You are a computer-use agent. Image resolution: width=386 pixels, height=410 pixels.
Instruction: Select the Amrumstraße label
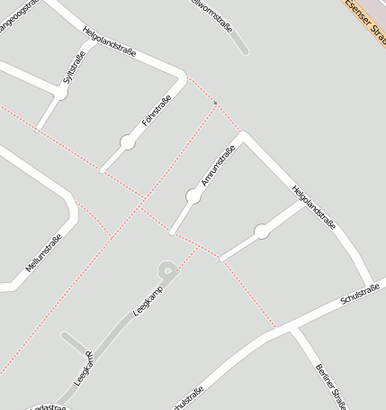pyautogui.click(x=218, y=169)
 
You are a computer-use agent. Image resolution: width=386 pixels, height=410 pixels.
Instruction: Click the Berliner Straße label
pyautogui.click(x=331, y=383)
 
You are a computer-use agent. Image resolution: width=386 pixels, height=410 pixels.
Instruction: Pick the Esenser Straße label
pyautogui.click(x=368, y=21)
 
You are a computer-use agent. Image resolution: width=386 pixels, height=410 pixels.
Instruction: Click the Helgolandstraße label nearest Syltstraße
pyautogui.click(x=108, y=41)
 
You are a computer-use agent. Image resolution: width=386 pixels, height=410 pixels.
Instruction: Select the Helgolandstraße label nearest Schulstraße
pyautogui.click(x=313, y=206)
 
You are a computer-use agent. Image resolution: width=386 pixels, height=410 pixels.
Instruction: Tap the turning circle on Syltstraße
pyautogui.click(x=60, y=92)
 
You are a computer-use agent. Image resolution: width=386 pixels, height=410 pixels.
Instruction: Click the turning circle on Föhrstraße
pyautogui.click(x=128, y=141)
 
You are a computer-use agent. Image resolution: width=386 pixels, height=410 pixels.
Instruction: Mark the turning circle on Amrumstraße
pyautogui.click(x=193, y=196)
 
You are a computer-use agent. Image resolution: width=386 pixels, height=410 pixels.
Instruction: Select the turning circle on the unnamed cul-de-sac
pyautogui.click(x=261, y=232)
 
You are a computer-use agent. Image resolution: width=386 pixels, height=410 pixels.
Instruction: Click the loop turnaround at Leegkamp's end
pyautogui.click(x=166, y=269)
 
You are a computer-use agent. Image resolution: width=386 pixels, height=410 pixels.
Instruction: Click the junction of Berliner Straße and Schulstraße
pyautogui.click(x=292, y=328)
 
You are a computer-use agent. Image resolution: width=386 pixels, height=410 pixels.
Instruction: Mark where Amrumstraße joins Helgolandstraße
pyautogui.click(x=241, y=135)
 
